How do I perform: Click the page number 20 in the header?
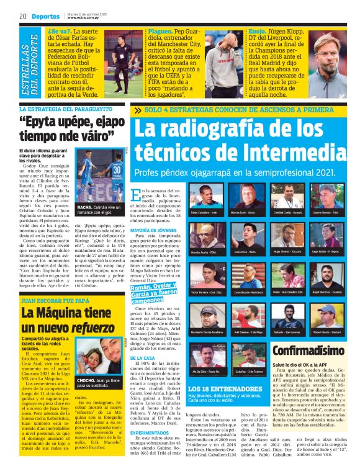pos(22,16)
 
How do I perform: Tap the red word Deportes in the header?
pos(47,16)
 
